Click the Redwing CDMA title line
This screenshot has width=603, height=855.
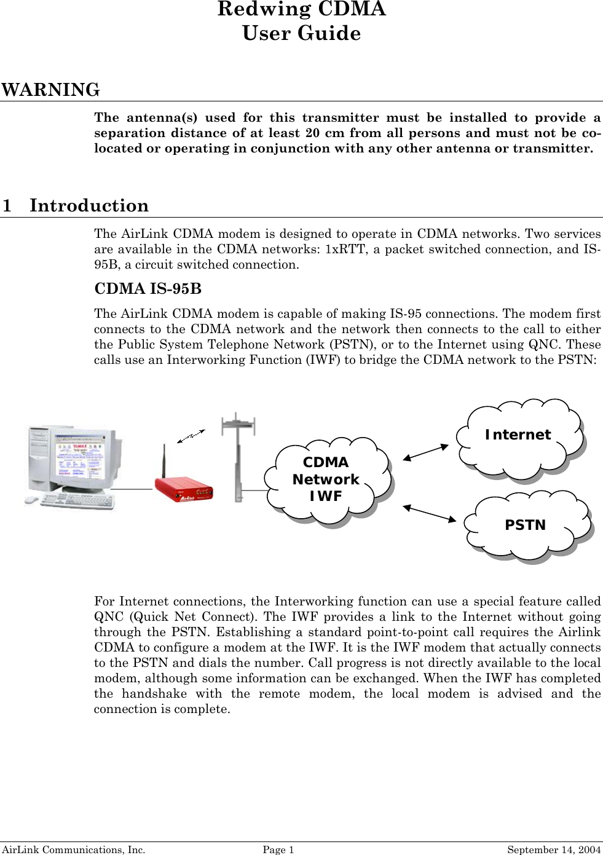(301, 9)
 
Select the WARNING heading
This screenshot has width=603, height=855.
(50, 90)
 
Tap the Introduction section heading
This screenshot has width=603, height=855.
(89, 205)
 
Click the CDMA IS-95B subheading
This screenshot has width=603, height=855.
(148, 289)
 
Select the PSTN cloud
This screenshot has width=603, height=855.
(526, 525)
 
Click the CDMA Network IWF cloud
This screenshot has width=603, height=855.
(326, 479)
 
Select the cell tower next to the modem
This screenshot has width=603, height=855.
(238, 455)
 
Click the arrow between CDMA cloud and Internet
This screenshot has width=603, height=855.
(426, 452)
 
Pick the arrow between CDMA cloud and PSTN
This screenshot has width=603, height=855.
(429, 513)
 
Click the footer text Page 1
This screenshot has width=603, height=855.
(278, 849)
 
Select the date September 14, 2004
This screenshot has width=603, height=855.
(553, 849)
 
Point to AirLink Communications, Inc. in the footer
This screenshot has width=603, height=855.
(73, 849)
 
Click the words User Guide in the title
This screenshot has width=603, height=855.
(301, 34)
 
